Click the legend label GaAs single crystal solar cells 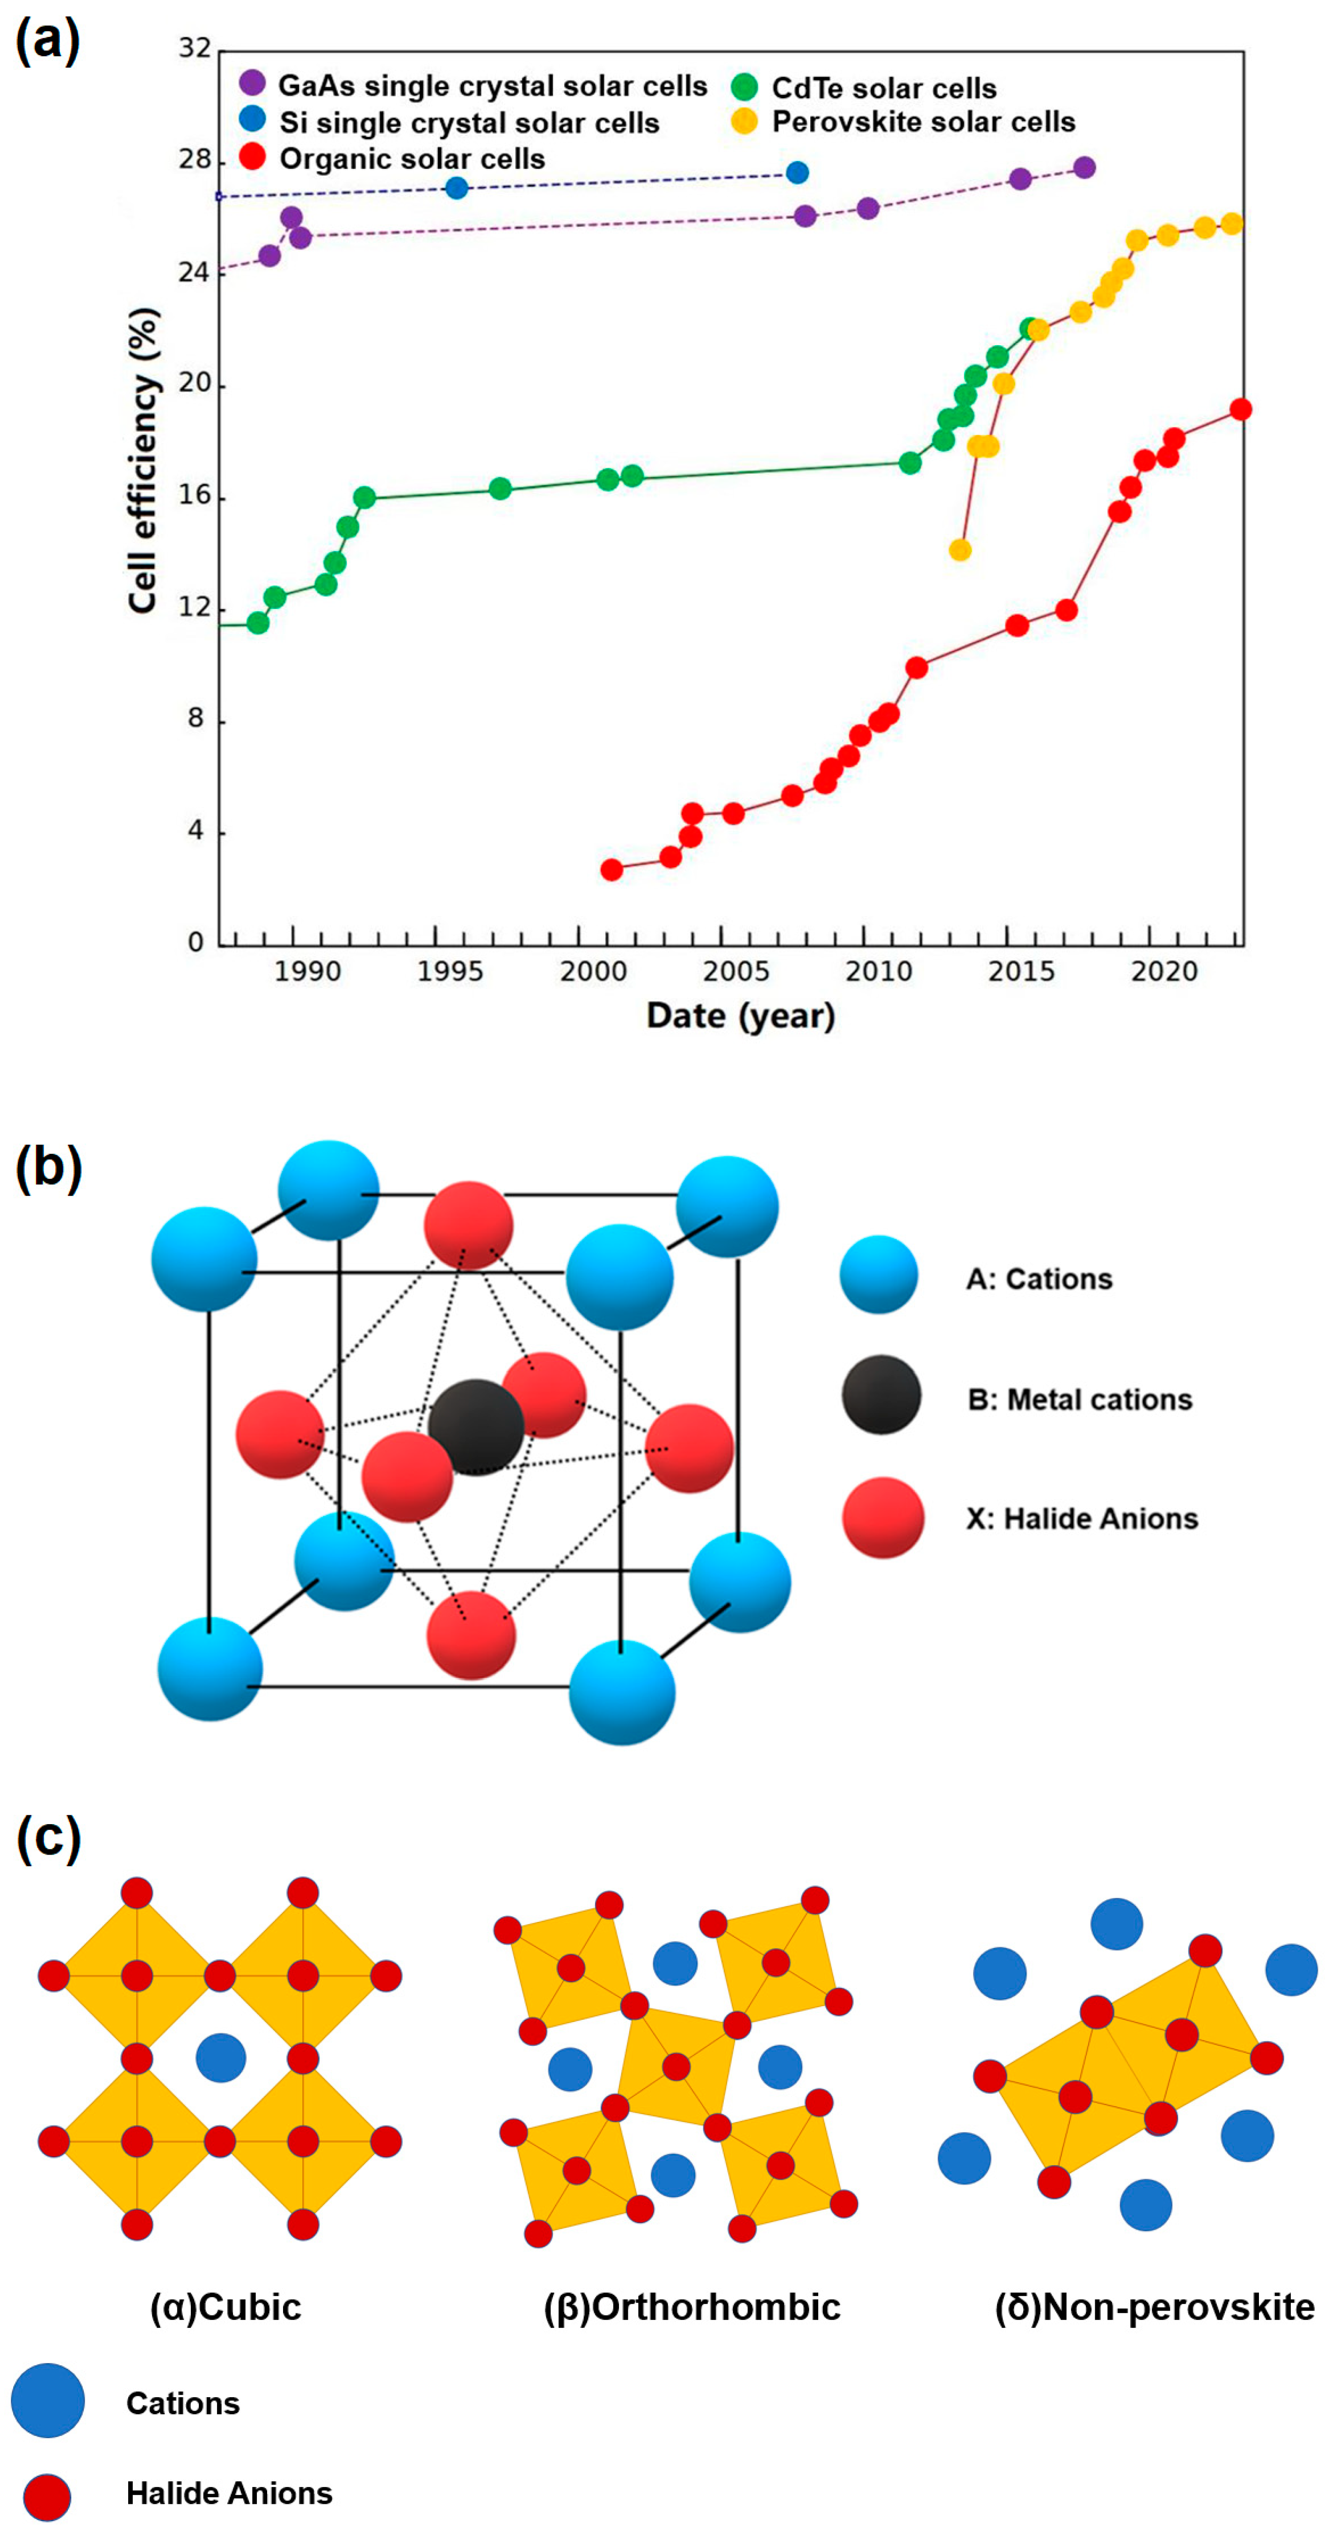coord(492,87)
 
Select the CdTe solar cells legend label coord(883,88)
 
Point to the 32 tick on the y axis coord(195,48)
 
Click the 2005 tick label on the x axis coord(735,971)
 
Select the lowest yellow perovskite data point coord(960,550)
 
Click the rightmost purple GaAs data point coord(1083,168)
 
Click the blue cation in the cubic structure coord(221,2058)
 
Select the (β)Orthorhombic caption coord(691,2307)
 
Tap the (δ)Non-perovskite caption coord(1154,2307)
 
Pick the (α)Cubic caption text coord(225,2307)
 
